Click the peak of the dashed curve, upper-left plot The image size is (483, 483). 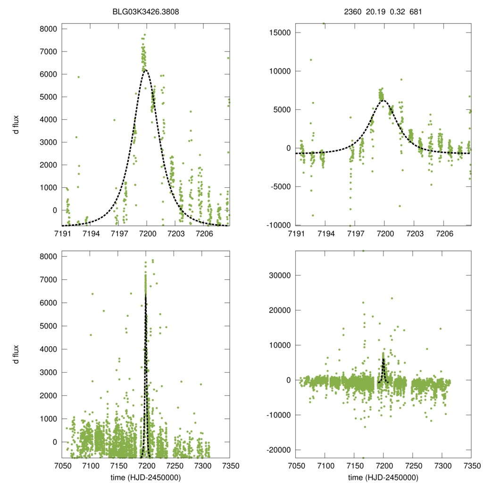tap(145, 70)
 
